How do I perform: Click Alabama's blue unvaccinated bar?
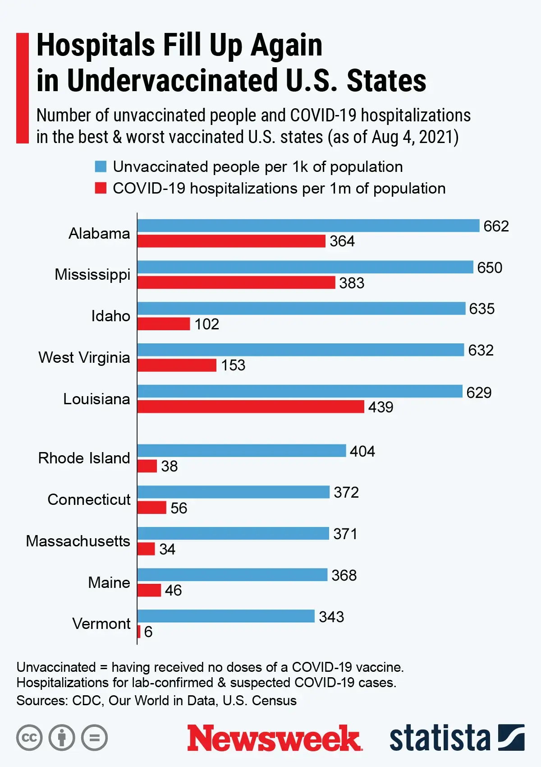pyautogui.click(x=308, y=226)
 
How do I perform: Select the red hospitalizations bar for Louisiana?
pyautogui.click(x=250, y=407)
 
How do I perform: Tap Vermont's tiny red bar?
pyautogui.click(x=139, y=632)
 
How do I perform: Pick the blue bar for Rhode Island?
pyautogui.click(x=241, y=450)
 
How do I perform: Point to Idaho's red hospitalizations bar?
pyautogui.click(x=164, y=324)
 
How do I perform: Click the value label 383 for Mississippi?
pyautogui.click(x=352, y=283)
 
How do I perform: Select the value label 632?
pyautogui.click(x=481, y=350)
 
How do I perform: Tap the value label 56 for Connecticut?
pyautogui.click(x=179, y=508)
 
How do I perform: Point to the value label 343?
pyautogui.click(x=331, y=617)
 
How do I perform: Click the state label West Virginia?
pyautogui.click(x=84, y=357)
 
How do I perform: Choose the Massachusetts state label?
pyautogui.click(x=78, y=541)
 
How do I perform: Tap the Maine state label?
pyautogui.click(x=109, y=582)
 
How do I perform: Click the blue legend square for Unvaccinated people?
pyautogui.click(x=101, y=166)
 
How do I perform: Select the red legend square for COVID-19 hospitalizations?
pyautogui.click(x=101, y=188)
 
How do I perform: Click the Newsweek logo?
pyautogui.click(x=274, y=738)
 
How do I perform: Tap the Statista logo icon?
pyautogui.click(x=511, y=738)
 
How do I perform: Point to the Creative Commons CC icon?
pyautogui.click(x=29, y=738)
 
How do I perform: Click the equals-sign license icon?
pyautogui.click(x=95, y=738)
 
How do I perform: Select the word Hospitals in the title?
pyautogui.click(x=95, y=45)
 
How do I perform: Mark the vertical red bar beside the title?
pyautogui.click(x=22, y=88)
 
